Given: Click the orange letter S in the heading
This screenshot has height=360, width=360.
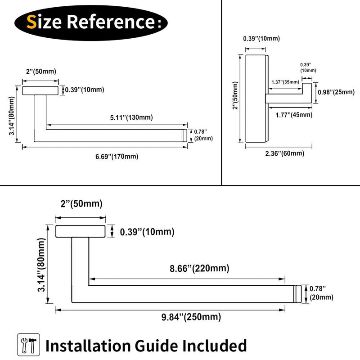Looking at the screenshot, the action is [31, 22].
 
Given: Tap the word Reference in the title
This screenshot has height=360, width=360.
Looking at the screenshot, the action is [111, 22].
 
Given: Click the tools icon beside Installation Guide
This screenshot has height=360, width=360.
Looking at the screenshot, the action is [28, 345].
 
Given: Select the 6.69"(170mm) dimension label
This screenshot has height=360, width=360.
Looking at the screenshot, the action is [117, 157].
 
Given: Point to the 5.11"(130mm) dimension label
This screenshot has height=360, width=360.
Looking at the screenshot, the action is [131, 117].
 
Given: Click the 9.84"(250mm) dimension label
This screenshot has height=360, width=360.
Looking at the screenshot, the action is [191, 317].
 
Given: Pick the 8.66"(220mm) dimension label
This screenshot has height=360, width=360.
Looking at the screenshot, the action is [199, 268].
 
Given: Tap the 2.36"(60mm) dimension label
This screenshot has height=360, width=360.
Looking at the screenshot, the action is [285, 153].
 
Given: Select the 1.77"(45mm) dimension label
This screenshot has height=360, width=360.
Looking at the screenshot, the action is [294, 115].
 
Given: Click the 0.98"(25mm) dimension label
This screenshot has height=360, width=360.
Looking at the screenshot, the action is [336, 92].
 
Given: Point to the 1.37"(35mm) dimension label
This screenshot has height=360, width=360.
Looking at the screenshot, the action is [285, 82].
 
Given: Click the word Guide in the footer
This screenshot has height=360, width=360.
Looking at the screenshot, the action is [156, 346].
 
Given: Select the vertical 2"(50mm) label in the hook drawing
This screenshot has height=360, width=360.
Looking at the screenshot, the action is [235, 95].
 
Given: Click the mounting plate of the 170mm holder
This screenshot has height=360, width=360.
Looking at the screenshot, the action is [40, 90].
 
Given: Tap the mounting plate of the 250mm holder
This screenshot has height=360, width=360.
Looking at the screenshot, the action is [81, 231].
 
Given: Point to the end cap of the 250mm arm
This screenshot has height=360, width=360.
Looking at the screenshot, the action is [297, 294].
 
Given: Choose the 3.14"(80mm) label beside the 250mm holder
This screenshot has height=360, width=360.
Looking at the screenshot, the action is [42, 265].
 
